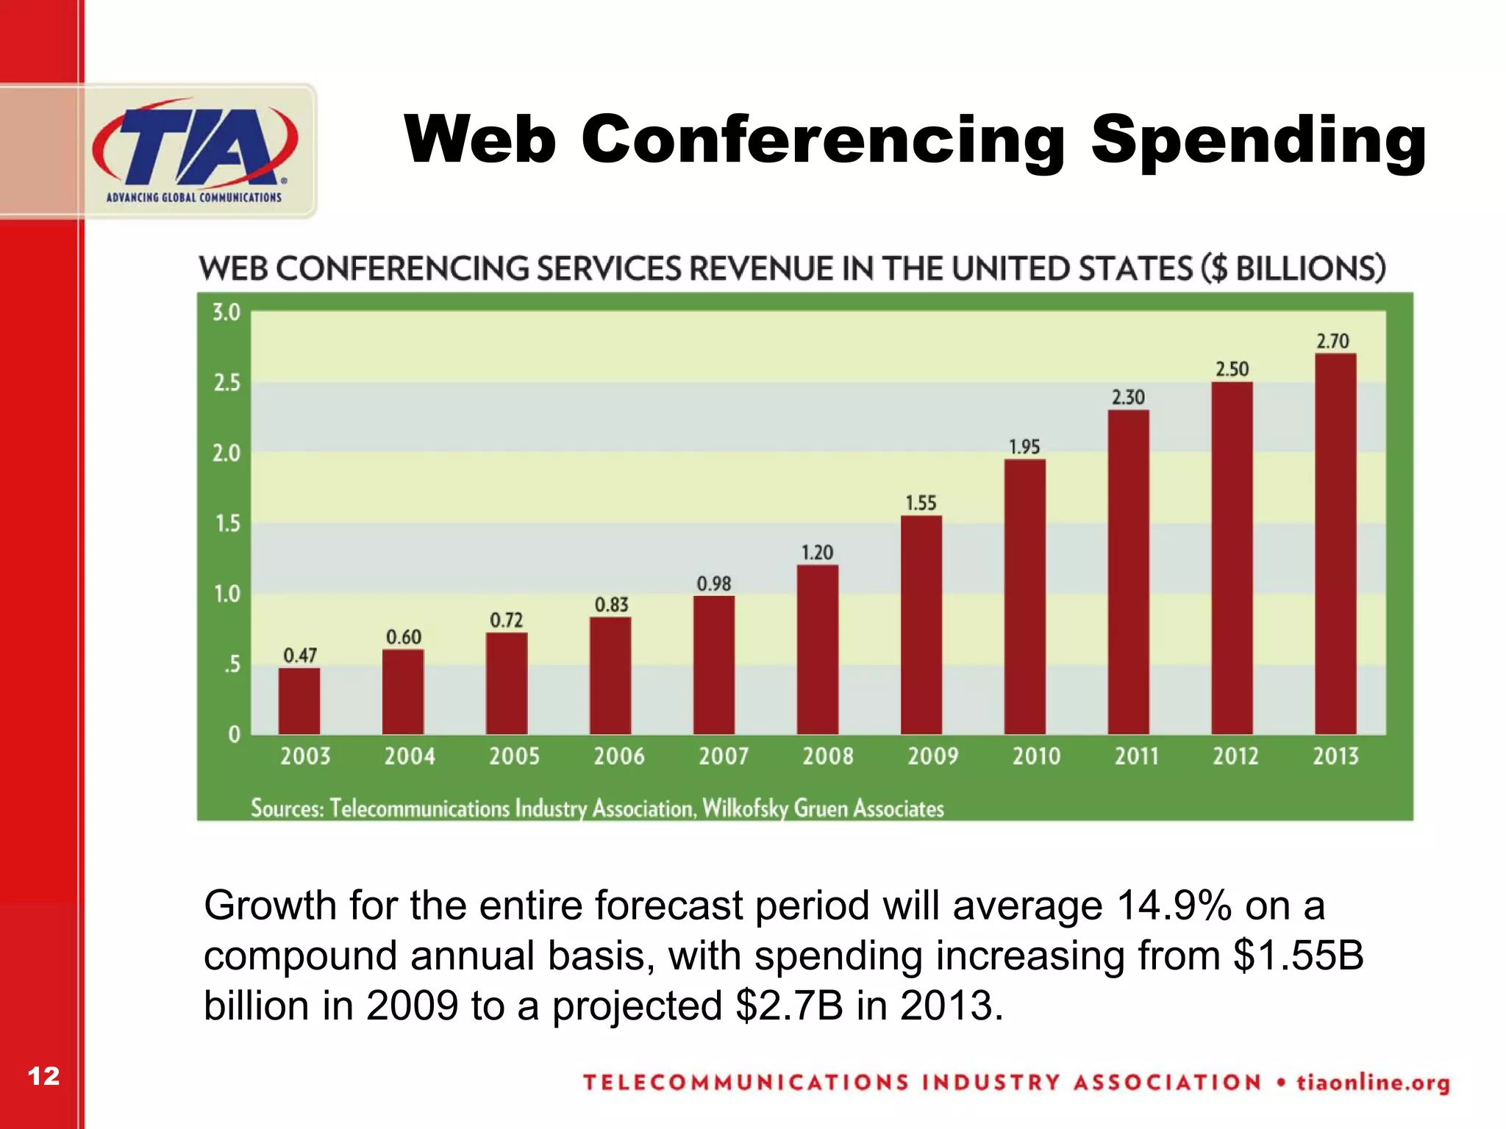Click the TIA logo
tap(195, 151)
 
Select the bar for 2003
tap(299, 700)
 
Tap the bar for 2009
tap(921, 625)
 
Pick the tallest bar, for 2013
tap(1335, 544)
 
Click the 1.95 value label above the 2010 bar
tap(1024, 447)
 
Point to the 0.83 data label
tap(611, 605)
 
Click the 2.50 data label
tap(1232, 369)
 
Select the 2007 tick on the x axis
tap(723, 756)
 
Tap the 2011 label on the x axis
tap(1136, 756)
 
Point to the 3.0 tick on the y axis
tap(226, 312)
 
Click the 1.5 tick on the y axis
tap(226, 523)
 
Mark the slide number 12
tap(43, 1076)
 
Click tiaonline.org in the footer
tap(1372, 1083)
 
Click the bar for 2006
tap(610, 675)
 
